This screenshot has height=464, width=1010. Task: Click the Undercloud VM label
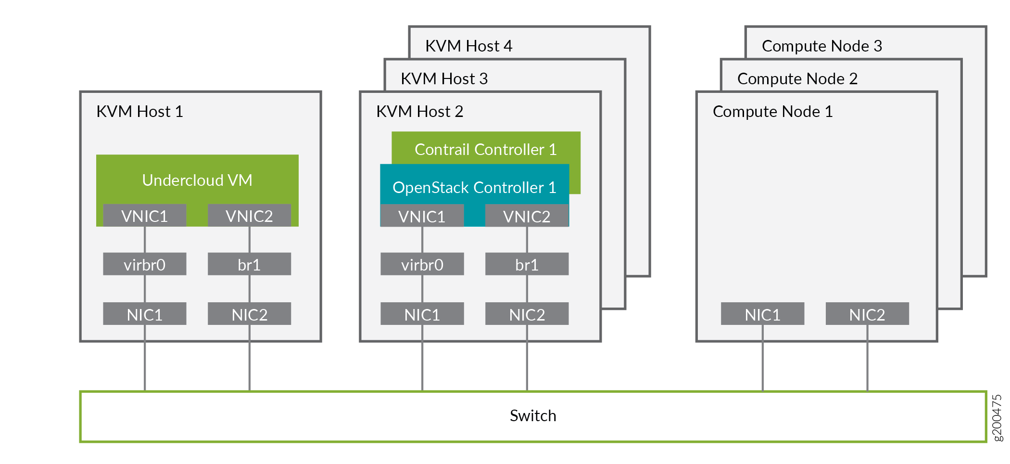point(197,180)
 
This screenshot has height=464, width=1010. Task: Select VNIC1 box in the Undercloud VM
point(144,216)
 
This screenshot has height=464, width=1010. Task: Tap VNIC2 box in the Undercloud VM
point(249,216)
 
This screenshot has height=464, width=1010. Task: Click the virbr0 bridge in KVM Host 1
point(144,264)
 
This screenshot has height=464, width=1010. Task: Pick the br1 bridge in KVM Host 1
point(249,264)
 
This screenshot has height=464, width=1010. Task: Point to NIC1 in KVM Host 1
point(144,314)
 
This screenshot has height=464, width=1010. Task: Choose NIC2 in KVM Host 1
point(249,314)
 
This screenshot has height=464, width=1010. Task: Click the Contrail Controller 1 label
point(485,149)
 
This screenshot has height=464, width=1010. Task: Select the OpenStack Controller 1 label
point(474,187)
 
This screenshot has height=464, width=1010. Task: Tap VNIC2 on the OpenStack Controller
point(527,216)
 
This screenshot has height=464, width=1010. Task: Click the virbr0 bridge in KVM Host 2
point(422,264)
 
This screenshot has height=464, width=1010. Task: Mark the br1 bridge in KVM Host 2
point(527,264)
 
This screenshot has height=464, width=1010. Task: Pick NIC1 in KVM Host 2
point(422,314)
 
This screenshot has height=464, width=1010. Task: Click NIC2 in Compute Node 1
point(867,314)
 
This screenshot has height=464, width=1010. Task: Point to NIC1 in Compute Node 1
point(762,314)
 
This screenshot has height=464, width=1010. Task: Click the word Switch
point(533,415)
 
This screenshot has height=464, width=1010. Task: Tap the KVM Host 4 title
point(468,46)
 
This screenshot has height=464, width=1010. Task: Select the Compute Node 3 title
point(822,46)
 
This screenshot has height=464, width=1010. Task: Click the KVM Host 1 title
point(139,111)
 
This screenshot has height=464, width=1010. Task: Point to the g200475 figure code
point(997,417)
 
